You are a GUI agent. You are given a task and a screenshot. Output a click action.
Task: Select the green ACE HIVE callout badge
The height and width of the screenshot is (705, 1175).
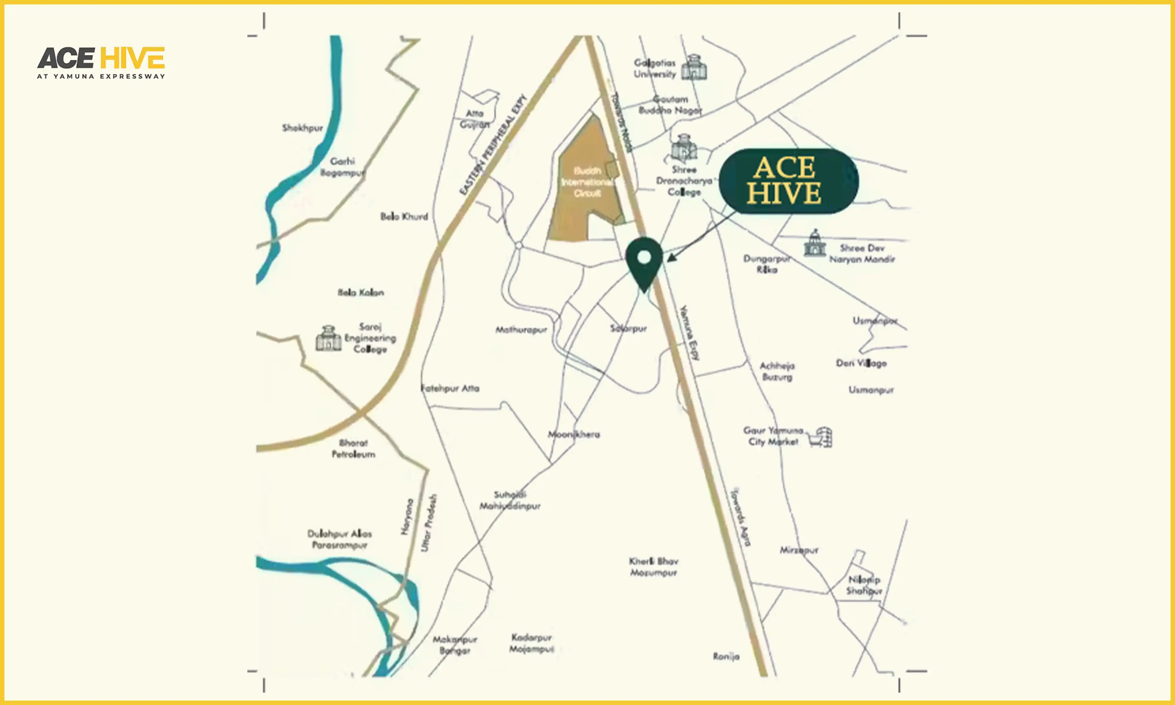[788, 181]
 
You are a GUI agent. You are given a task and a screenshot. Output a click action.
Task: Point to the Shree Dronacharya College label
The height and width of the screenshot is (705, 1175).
[684, 181]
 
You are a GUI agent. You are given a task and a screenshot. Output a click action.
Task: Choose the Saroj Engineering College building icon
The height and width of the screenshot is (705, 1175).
[328, 339]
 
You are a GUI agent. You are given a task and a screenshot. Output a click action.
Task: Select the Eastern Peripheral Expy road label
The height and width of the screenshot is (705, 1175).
[493, 145]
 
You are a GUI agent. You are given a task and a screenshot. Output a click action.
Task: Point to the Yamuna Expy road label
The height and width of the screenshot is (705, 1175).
[690, 333]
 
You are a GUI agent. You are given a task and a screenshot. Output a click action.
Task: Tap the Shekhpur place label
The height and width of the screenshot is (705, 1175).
[302, 128]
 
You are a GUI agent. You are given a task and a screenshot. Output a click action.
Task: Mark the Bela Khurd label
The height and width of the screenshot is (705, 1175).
[404, 216]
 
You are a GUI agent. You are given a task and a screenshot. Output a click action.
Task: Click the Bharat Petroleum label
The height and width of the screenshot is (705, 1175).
[353, 449]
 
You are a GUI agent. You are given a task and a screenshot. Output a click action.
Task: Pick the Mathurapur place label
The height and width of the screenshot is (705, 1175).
[521, 330]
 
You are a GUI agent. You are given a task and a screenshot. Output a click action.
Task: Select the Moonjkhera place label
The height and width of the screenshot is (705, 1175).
[574, 434]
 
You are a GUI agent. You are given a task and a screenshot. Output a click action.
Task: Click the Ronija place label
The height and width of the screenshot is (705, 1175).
[726, 657]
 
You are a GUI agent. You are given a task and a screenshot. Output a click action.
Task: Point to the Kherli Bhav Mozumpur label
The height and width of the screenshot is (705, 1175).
[654, 567]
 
